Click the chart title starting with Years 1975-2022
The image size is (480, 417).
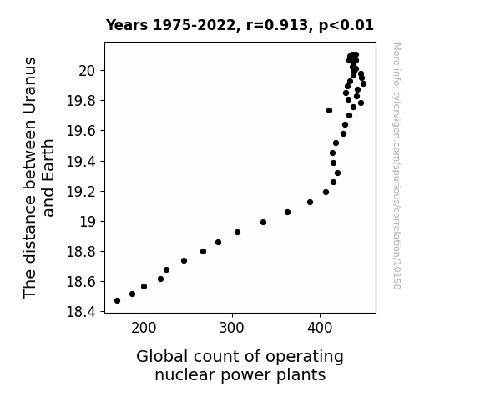pyautogui.click(x=240, y=25)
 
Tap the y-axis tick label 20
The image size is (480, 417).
pyautogui.click(x=88, y=71)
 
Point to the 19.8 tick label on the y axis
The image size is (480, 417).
pyautogui.click(x=81, y=101)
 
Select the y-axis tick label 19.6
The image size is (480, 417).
pyautogui.click(x=81, y=131)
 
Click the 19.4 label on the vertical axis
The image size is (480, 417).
pyautogui.click(x=81, y=161)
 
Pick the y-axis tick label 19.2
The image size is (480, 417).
pyautogui.click(x=81, y=192)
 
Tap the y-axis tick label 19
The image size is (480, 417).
pyautogui.click(x=88, y=222)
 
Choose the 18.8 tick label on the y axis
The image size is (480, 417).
pyautogui.click(x=81, y=252)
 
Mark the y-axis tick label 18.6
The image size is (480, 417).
pyautogui.click(x=81, y=281)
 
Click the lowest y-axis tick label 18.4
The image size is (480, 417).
pyautogui.click(x=81, y=312)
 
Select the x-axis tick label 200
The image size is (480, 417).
pyautogui.click(x=144, y=328)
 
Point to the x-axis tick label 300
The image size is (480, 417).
pyautogui.click(x=232, y=328)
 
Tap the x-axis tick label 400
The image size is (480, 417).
pyautogui.click(x=320, y=328)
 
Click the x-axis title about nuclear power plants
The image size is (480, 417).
pyautogui.click(x=240, y=365)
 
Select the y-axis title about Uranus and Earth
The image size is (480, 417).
pyautogui.click(x=38, y=178)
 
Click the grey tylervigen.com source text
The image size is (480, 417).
pyautogui.click(x=397, y=166)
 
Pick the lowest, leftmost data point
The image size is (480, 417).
pyautogui.click(x=117, y=301)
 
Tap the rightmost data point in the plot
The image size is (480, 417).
pyautogui.click(x=363, y=84)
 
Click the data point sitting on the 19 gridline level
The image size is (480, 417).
pyautogui.click(x=263, y=223)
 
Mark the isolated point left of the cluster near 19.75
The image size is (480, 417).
pyautogui.click(x=329, y=110)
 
